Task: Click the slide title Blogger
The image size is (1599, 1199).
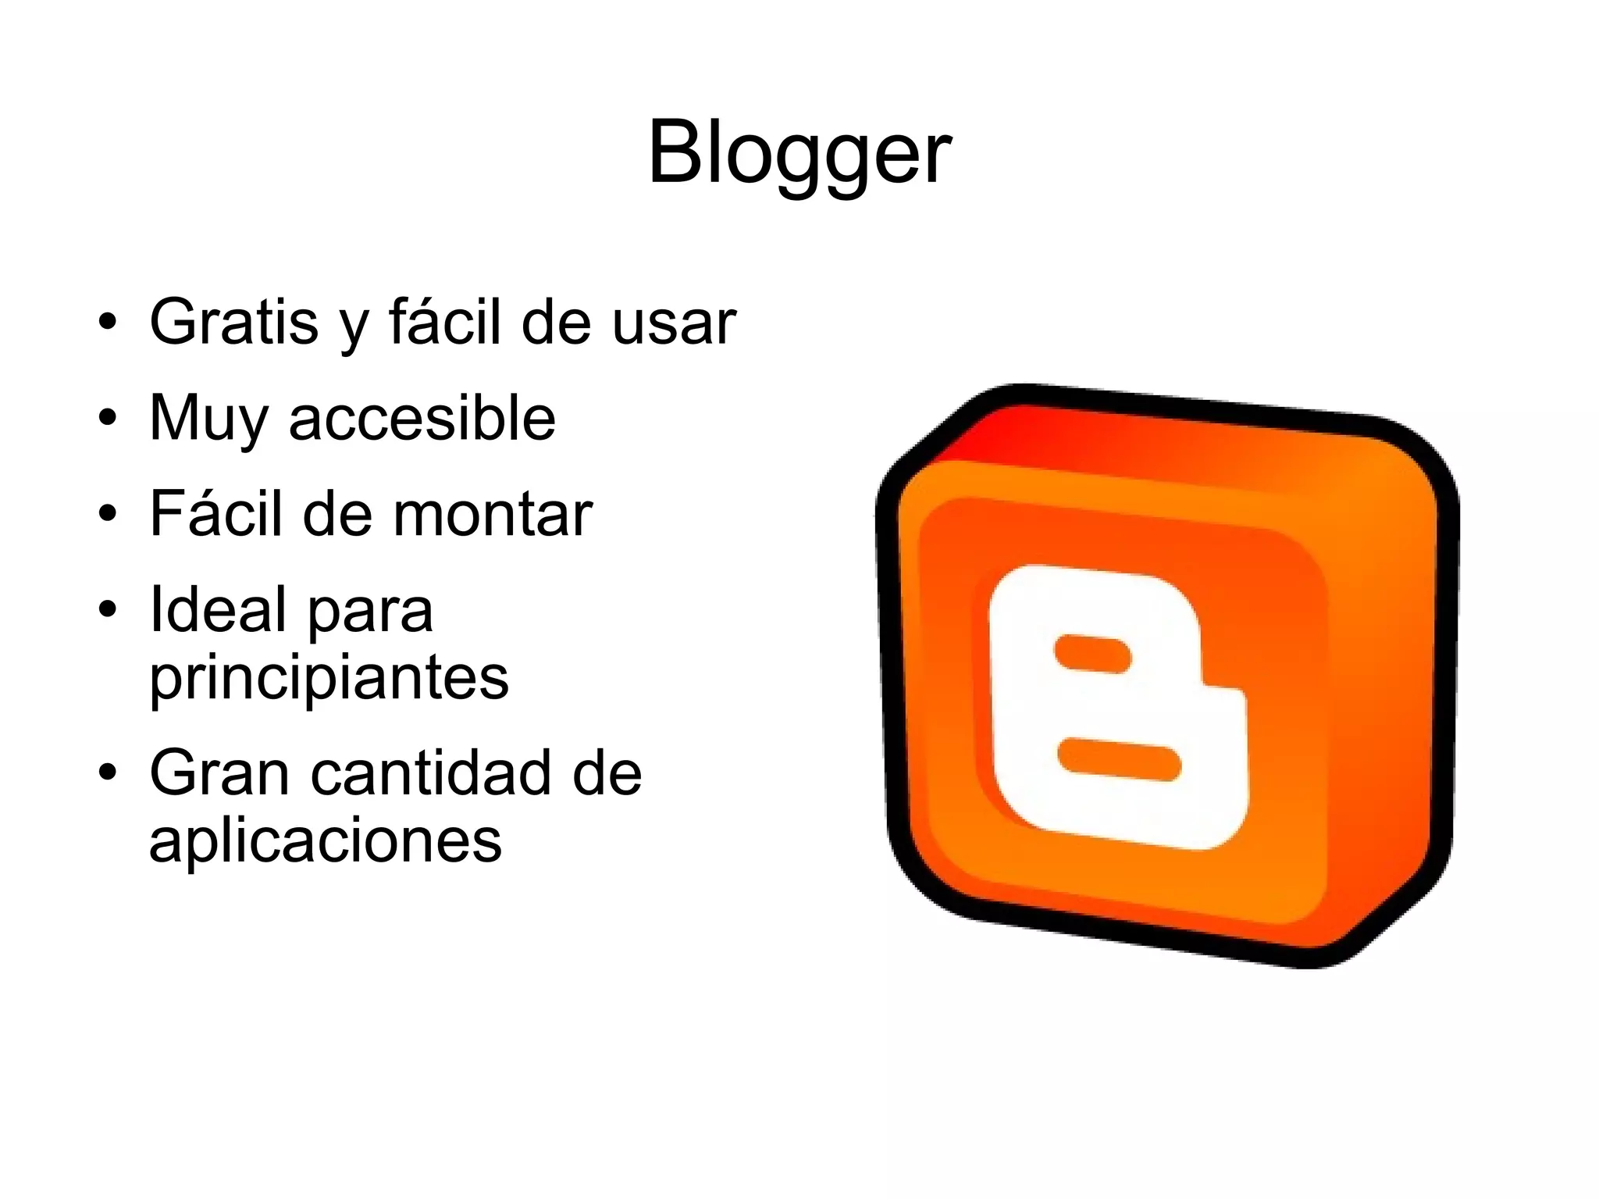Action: click(799, 154)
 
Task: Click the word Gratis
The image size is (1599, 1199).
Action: click(233, 322)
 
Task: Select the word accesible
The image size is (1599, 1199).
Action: click(422, 419)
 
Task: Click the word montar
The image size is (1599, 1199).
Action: click(492, 515)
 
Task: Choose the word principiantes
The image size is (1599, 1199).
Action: click(329, 678)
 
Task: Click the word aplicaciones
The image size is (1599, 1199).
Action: click(326, 840)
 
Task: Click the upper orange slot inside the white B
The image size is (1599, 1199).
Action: click(1092, 654)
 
